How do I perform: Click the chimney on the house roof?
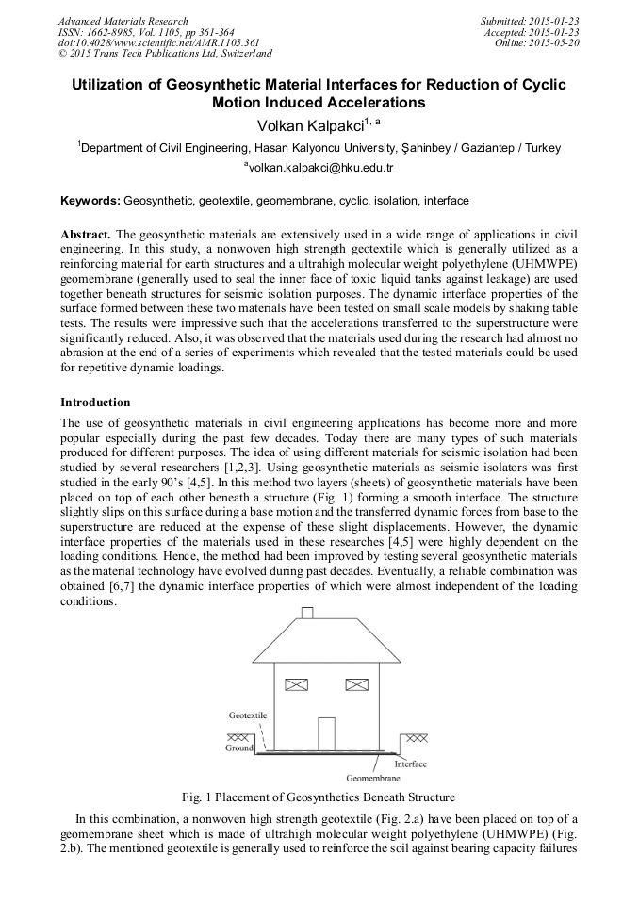[x=307, y=613]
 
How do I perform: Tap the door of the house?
[x=326, y=733]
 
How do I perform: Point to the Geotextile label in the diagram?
[x=247, y=715]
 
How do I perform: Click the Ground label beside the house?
[x=238, y=748]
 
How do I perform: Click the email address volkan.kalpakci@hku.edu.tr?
[x=319, y=167]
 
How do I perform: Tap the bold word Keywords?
[x=90, y=201]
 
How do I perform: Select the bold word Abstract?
[x=86, y=233]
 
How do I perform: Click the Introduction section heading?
[x=95, y=402]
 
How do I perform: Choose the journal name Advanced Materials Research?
[x=123, y=21]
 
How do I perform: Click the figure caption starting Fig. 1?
[x=319, y=797]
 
